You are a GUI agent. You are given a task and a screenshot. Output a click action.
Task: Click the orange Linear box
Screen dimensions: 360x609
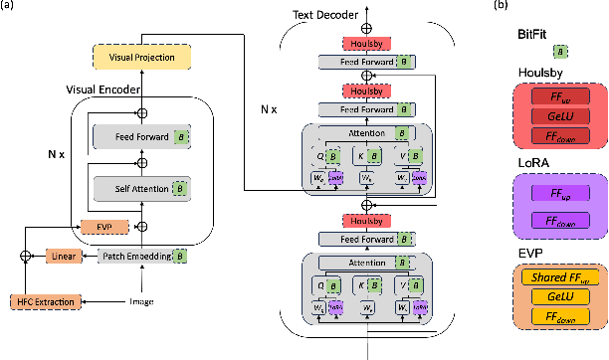pyautogui.click(x=63, y=257)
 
